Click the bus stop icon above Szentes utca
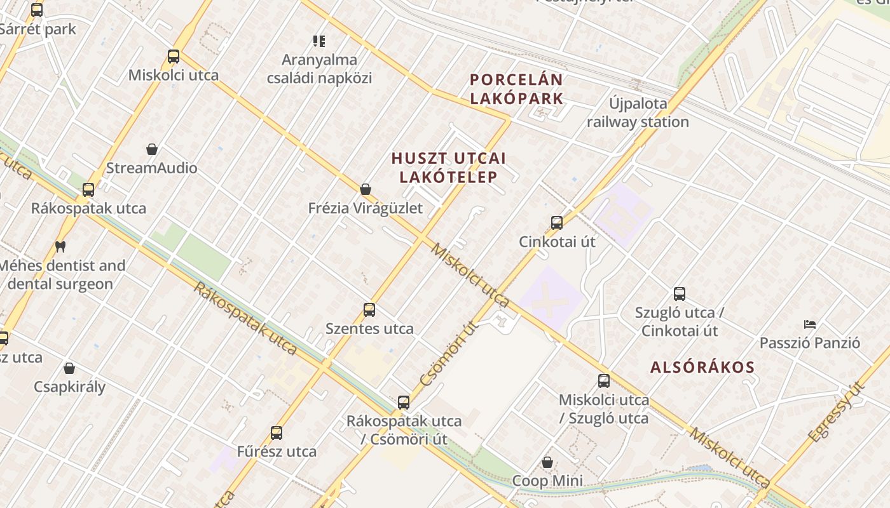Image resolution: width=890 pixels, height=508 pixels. [369, 310]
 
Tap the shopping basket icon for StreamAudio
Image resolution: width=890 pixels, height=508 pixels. [152, 150]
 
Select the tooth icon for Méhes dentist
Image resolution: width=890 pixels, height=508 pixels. [60, 246]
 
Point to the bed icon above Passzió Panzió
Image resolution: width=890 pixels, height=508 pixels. [810, 324]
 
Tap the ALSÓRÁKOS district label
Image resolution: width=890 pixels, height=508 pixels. [702, 367]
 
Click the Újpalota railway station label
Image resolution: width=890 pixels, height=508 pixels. [638, 112]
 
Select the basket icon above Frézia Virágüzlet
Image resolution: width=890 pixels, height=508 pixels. [366, 189]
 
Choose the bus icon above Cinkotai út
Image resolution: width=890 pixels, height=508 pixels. [557, 223]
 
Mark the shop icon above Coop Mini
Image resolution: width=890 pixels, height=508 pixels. [547, 462]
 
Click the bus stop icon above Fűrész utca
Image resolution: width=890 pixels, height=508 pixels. [277, 433]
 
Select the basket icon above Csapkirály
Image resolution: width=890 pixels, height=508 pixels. [69, 368]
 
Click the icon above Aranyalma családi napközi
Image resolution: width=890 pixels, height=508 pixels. [319, 41]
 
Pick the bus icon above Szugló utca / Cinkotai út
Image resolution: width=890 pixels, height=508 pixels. [680, 294]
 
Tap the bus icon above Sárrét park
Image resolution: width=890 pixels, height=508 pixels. [37, 10]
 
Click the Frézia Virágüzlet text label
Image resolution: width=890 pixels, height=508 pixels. [365, 208]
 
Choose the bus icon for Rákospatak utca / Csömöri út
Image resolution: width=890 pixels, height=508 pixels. [404, 402]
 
